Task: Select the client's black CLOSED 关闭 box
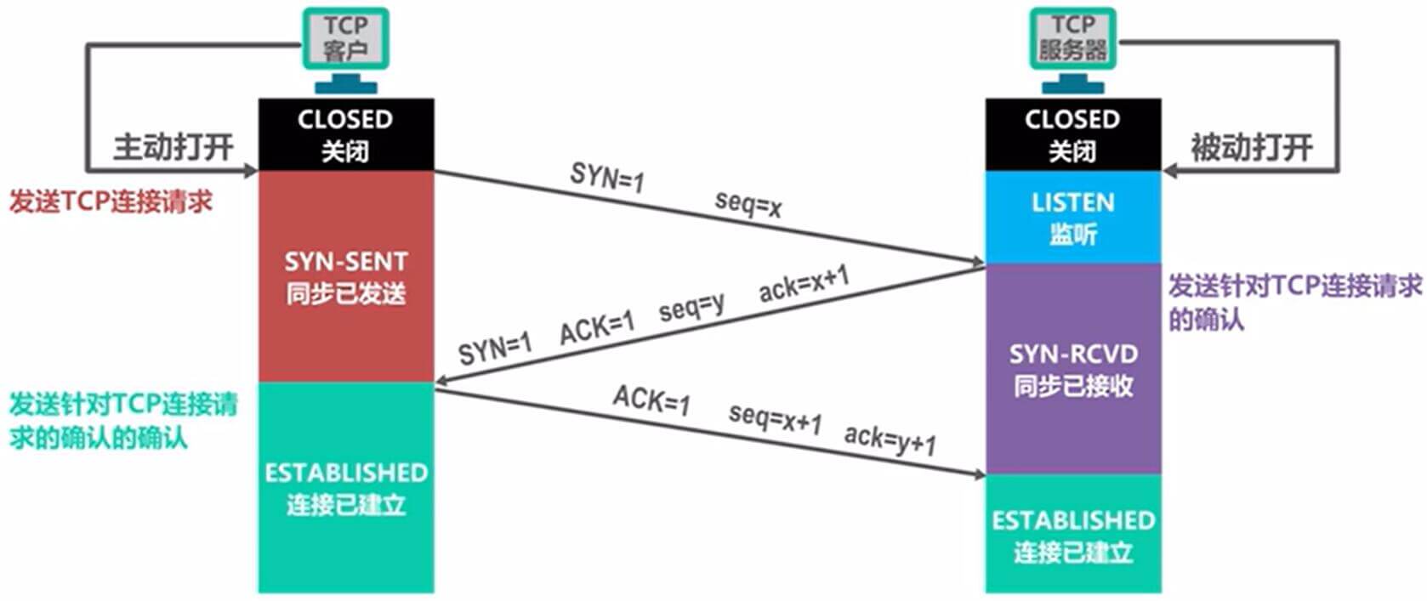[346, 134]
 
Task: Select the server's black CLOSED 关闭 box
[1073, 134]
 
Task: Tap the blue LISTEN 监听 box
[1073, 217]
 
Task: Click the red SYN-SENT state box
[346, 276]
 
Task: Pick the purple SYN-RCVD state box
[1073, 369]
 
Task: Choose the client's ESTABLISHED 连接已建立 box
[346, 488]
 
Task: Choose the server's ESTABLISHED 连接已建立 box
[1073, 534]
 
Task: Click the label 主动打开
[173, 148]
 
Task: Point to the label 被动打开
[1252, 148]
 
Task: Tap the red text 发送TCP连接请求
[111, 201]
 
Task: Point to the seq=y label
[692, 308]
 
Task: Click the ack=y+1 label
[890, 440]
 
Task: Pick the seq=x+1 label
[776, 420]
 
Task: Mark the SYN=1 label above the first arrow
[608, 176]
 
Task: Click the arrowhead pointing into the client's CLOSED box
[250, 171]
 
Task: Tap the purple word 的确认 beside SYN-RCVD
[1207, 319]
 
